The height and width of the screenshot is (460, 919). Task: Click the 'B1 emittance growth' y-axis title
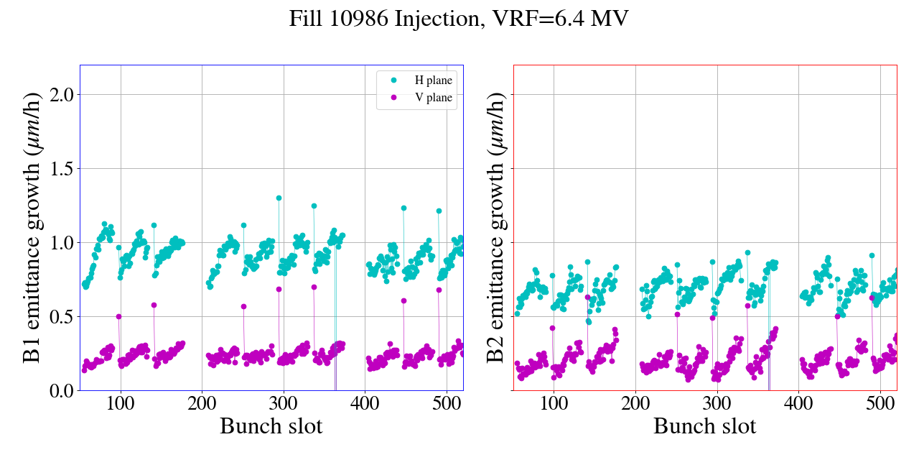[x=31, y=228]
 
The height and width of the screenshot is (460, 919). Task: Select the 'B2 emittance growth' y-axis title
[x=495, y=228]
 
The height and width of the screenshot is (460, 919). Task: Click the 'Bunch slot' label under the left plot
[x=271, y=426]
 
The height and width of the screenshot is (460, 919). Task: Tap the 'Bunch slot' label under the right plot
[x=704, y=426]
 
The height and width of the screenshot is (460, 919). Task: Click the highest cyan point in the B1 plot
[x=279, y=198]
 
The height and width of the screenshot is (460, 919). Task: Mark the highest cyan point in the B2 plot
[x=747, y=253]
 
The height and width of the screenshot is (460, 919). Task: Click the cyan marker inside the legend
[x=393, y=80]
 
